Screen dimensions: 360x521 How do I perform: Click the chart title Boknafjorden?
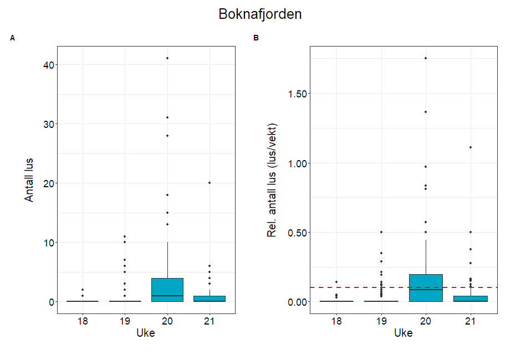(x=260, y=14)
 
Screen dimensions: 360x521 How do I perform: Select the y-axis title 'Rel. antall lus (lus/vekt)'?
(x=272, y=179)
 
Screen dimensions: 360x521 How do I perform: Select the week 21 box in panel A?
(x=210, y=299)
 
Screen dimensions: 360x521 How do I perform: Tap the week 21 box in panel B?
(x=470, y=299)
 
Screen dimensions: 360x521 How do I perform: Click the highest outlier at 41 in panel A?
(x=167, y=58)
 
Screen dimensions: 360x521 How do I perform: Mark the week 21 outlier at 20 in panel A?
(x=210, y=183)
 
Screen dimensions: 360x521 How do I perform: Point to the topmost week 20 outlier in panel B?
(x=426, y=58)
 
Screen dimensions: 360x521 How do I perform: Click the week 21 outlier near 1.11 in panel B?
(x=470, y=147)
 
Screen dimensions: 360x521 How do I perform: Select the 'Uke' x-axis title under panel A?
(x=146, y=333)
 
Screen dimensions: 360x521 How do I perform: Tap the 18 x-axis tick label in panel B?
(x=336, y=321)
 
